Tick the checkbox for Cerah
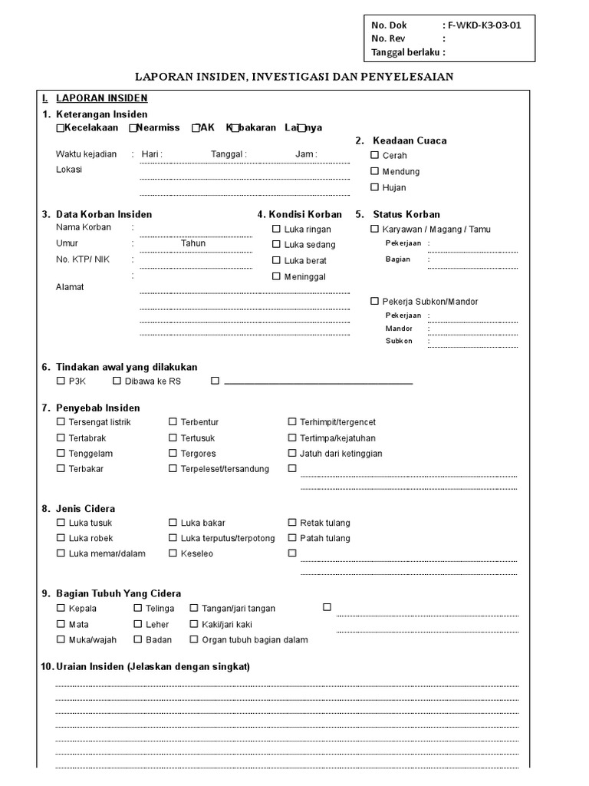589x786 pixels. [375, 156]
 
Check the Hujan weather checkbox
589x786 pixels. [375, 187]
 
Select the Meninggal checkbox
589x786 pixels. [276, 276]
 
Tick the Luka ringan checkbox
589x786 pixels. [276, 229]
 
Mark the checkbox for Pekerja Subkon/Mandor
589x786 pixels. [375, 302]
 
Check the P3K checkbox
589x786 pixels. [61, 381]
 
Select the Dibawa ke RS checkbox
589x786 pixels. [117, 381]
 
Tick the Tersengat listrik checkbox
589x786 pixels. [61, 422]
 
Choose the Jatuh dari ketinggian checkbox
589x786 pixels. [292, 454]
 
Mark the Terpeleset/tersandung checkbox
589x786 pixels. [173, 469]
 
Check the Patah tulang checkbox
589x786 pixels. [292, 538]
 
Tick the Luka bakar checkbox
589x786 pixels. [173, 523]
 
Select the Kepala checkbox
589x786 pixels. [61, 609]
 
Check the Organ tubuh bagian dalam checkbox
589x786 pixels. [194, 639]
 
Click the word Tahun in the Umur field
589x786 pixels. [193, 243]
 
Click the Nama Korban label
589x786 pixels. [84, 227]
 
